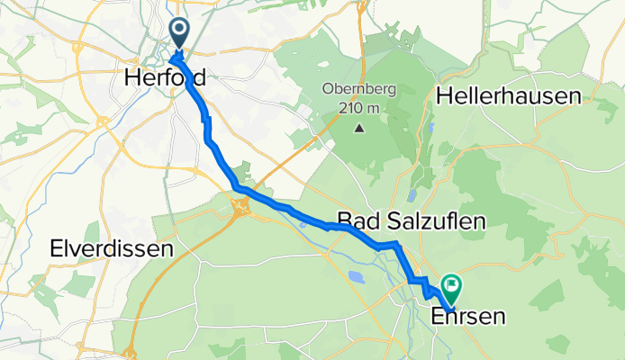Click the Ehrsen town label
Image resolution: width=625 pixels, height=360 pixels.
click(x=467, y=316)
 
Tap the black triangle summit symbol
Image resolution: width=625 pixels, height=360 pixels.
click(x=359, y=127)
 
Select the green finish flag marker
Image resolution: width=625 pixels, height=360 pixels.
click(x=450, y=289)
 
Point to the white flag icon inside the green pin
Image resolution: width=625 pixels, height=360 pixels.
click(x=450, y=287)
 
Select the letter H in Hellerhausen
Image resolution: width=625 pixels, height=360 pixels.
click(x=443, y=96)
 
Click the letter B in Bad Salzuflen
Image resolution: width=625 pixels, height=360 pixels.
click(x=343, y=221)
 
